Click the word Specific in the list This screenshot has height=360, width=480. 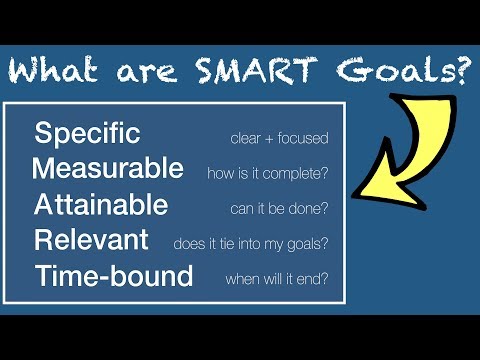click(x=87, y=134)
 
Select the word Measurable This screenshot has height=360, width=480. click(x=108, y=169)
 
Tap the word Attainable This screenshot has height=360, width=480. click(x=101, y=205)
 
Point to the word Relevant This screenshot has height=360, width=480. click(x=91, y=240)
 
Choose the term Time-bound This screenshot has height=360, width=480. click(x=113, y=276)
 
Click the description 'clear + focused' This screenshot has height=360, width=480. click(x=279, y=137)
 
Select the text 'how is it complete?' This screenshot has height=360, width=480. click(x=267, y=173)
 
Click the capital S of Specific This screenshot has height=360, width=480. click(x=43, y=134)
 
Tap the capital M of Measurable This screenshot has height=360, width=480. click(x=44, y=169)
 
